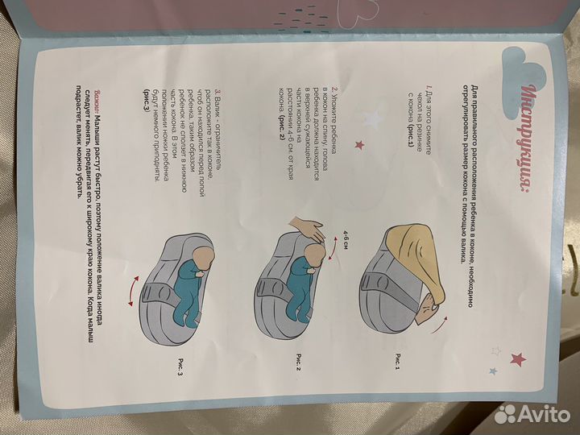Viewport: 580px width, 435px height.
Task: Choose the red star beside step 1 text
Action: (358, 143)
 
